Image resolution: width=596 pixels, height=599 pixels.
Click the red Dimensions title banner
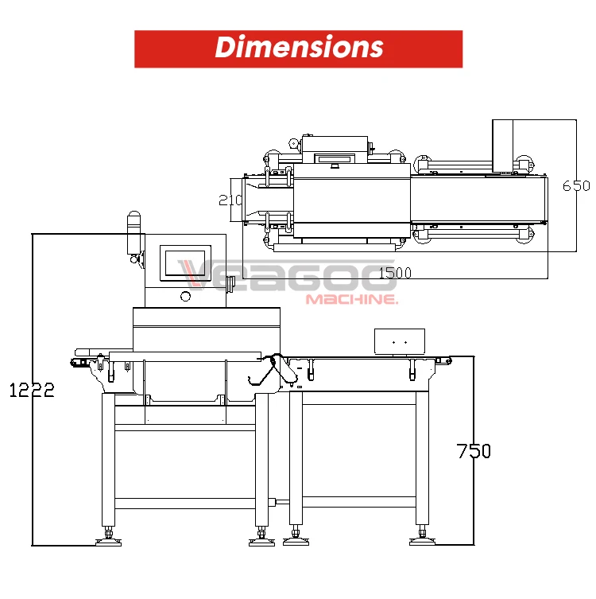coord(298,49)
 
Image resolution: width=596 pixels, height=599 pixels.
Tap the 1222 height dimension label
coord(32,390)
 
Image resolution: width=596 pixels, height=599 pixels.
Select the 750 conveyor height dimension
coord(474,451)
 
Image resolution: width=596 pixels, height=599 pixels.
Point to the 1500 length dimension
coord(395,273)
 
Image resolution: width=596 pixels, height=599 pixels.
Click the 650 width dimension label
coord(576,185)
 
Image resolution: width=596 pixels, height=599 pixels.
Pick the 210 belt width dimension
coord(230,200)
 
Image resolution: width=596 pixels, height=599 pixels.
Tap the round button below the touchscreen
coord(185,297)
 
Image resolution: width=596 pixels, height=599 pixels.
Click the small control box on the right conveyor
coord(399,341)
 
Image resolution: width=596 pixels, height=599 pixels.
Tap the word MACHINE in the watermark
coord(351,300)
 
